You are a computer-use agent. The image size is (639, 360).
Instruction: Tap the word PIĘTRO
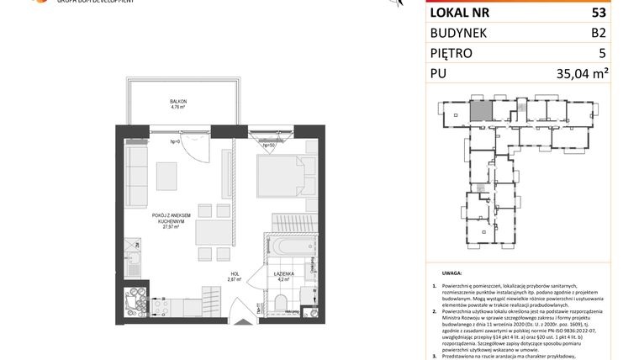click(452, 53)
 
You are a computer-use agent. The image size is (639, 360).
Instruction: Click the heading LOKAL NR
click(461, 13)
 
